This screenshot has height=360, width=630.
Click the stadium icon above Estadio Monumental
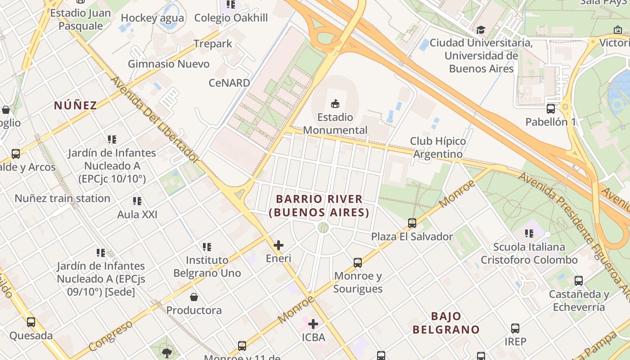pyautogui.click(x=335, y=104)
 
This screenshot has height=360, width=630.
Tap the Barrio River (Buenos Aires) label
pyautogui.click(x=319, y=205)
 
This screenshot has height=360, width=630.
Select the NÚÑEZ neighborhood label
pyautogui.click(x=75, y=105)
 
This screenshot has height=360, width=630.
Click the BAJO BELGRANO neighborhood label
pyautogui.click(x=446, y=323)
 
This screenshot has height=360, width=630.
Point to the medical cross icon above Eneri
pyautogui.click(x=279, y=245)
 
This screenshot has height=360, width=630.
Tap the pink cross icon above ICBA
pyautogui.click(x=313, y=324)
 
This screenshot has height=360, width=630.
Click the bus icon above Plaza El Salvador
pyautogui.click(x=412, y=223)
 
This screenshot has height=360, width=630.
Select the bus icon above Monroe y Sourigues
pyautogui.click(x=358, y=262)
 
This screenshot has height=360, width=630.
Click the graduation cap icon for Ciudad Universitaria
pyautogui.click(x=481, y=30)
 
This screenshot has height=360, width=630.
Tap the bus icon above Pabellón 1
pyautogui.click(x=551, y=108)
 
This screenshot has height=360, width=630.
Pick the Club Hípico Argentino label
pyautogui.click(x=438, y=148)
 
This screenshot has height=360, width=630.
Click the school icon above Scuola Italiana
pyautogui.click(x=529, y=234)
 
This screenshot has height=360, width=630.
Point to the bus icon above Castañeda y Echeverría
pyautogui.click(x=579, y=281)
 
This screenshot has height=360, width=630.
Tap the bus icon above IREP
pyautogui.click(x=515, y=328)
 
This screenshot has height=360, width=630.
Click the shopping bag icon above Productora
pyautogui.click(x=194, y=297)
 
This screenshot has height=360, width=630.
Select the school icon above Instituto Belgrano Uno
pyautogui.click(x=207, y=247)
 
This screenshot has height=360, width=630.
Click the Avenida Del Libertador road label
pyautogui.click(x=154, y=119)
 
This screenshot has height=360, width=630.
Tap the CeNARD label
pyautogui.click(x=229, y=83)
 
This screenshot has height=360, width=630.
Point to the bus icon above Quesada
pyautogui.click(x=31, y=322)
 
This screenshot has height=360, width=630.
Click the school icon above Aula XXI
pyautogui.click(x=137, y=201)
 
